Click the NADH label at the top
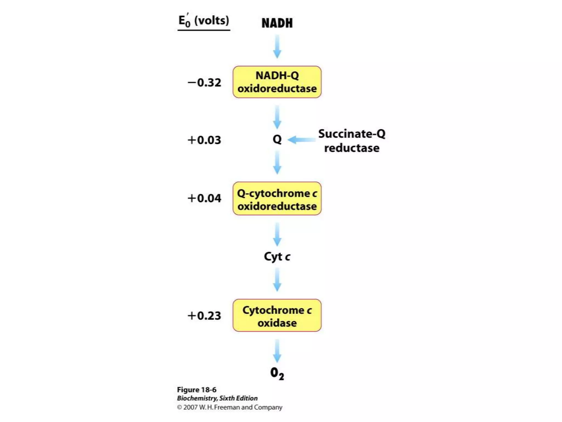(277, 23)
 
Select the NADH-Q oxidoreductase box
(277, 82)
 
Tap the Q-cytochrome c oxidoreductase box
(277, 199)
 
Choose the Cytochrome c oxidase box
(277, 315)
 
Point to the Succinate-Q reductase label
(352, 141)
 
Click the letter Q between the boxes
(277, 139)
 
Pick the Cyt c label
(277, 257)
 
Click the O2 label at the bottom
(277, 373)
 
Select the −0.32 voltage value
(204, 82)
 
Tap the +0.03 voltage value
(204, 140)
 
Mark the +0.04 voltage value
(204, 198)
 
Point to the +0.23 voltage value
(204, 316)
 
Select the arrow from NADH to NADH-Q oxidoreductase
(277, 46)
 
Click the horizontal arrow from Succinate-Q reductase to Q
(302, 140)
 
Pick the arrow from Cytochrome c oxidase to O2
(277, 351)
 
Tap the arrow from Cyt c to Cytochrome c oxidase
(277, 280)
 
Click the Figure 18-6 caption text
(196, 390)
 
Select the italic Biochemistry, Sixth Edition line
(217, 398)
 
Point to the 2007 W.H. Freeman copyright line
(229, 407)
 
